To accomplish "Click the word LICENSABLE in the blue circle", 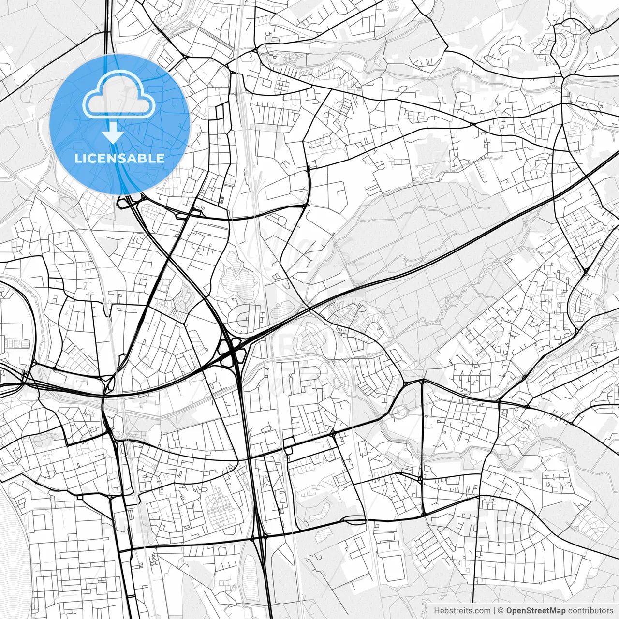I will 119,158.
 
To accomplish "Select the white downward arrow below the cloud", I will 113,133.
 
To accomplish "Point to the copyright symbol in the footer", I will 501,611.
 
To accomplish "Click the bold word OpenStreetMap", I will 535,611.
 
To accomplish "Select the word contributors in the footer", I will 590,611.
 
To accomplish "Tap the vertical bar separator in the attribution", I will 494,611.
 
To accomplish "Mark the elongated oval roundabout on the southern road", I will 354,520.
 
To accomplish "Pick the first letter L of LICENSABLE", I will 78,158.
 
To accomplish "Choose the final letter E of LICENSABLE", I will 161,158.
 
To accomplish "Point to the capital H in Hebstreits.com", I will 436,611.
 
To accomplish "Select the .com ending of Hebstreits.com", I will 482,611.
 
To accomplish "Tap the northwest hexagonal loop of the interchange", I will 224,345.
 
